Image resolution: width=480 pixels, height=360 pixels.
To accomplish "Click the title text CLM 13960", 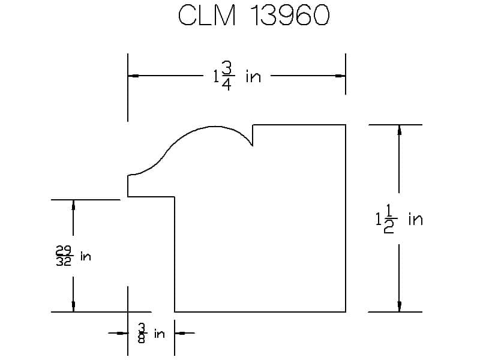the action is tap(254, 16).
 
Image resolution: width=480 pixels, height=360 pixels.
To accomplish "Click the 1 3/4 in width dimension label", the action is tap(237, 76).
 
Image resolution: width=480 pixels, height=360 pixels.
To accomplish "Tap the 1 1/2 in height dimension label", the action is tap(399, 219).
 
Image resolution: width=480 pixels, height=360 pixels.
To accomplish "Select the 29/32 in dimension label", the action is tap(73, 256).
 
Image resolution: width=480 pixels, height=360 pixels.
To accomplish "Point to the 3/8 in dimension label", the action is tap(151, 333).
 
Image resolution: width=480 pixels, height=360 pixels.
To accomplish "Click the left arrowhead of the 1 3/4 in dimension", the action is tap(133, 76).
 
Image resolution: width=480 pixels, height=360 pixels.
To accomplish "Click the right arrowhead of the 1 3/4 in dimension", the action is tap(340, 76).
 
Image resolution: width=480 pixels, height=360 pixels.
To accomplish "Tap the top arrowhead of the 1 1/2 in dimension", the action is tap(399, 130).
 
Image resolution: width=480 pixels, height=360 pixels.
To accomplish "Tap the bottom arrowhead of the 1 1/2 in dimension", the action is tap(399, 307).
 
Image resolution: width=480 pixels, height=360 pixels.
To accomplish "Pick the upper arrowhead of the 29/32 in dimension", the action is tap(73, 205).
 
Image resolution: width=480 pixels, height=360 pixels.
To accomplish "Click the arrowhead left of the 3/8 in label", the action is tap(122, 333).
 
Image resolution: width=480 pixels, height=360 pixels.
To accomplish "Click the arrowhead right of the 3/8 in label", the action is tap(180, 333).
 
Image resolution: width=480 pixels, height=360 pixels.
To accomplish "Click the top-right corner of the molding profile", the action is tap(346, 125).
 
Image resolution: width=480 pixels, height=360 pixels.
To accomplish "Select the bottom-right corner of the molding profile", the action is tap(346, 312).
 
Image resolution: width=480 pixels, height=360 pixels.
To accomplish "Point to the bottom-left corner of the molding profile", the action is tap(175, 312).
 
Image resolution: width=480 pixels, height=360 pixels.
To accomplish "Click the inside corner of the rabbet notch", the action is tap(175, 197).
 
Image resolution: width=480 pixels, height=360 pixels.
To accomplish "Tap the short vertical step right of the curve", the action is tap(253, 136).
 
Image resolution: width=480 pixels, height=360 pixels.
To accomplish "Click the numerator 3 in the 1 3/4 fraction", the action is tap(227, 68).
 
